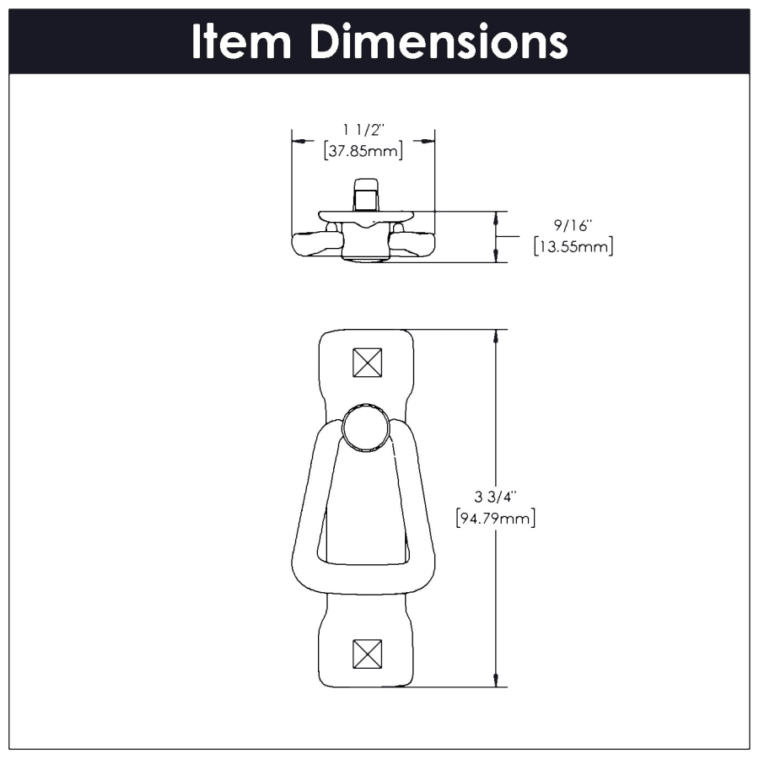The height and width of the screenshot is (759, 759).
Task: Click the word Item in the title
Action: (243, 41)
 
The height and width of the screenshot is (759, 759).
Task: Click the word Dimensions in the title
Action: (438, 41)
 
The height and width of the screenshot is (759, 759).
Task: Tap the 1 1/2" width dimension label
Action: (363, 130)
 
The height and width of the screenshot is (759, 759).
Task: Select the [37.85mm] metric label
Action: (363, 151)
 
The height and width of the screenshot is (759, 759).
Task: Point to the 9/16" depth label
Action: (573, 226)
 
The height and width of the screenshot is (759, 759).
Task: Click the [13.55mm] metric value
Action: (573, 247)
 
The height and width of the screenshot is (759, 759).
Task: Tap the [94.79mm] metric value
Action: (495, 518)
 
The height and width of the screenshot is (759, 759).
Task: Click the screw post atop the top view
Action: (365, 195)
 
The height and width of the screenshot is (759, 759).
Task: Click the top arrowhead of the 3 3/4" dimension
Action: (494, 336)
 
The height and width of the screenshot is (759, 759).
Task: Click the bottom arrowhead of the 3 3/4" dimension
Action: (494, 681)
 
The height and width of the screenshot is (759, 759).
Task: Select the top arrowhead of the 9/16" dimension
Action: (494, 217)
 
